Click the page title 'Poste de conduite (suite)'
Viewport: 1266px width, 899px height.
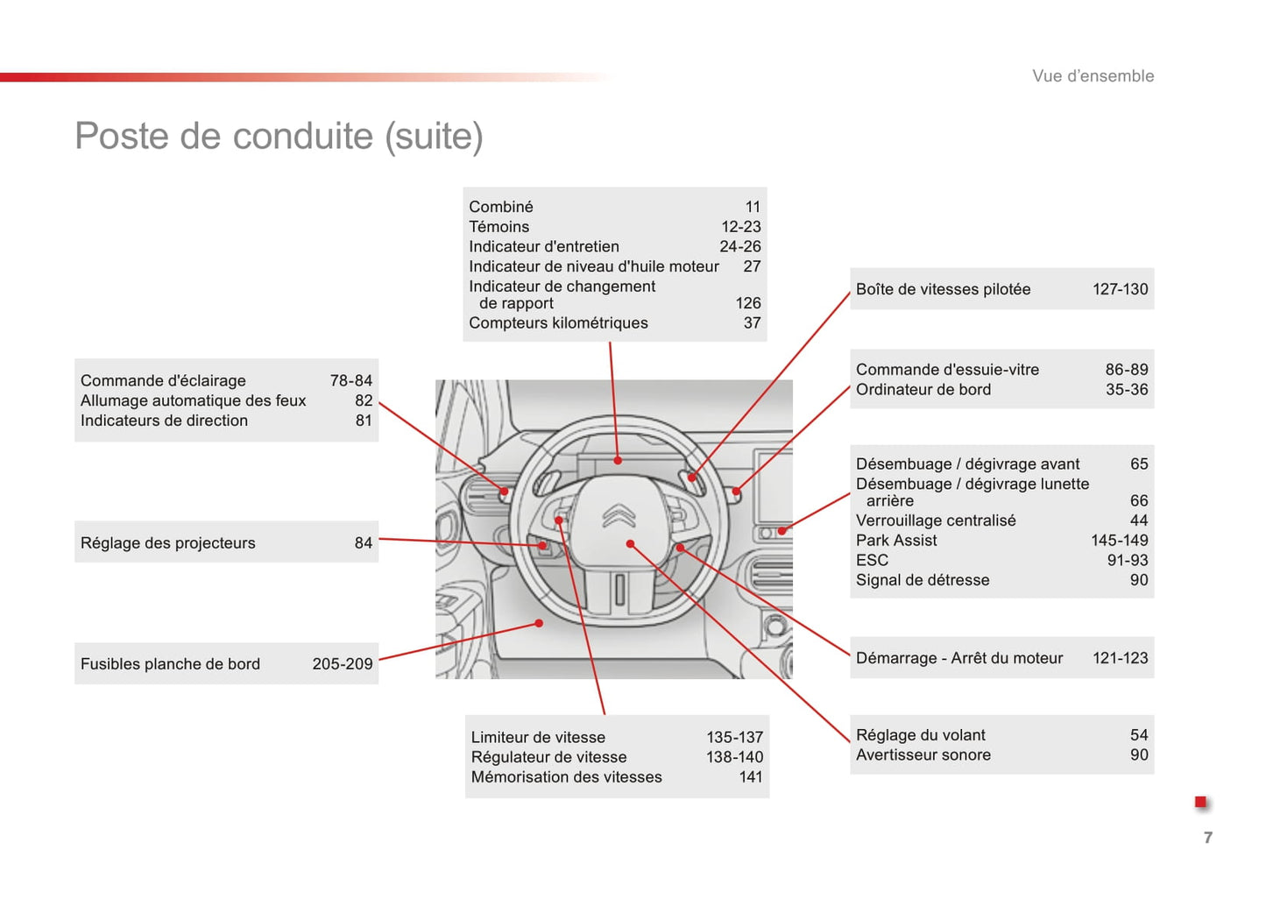279,137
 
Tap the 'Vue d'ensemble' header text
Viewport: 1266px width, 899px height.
1093,75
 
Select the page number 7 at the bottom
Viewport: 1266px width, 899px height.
1208,837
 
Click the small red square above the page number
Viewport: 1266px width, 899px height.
1200,801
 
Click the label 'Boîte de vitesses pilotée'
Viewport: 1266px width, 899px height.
943,289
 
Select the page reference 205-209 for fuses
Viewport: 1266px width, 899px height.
343,663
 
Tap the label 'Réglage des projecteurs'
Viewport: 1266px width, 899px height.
168,542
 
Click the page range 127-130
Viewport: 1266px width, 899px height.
1120,289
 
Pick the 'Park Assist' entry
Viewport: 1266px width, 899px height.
895,540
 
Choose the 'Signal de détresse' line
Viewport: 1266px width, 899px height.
923,579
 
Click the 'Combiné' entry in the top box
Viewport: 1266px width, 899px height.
501,207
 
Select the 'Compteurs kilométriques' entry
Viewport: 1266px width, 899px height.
558,322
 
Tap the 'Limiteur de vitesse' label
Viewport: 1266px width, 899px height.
538,737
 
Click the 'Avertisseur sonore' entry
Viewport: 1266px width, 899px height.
923,754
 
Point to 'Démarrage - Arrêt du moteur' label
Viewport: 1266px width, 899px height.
959,657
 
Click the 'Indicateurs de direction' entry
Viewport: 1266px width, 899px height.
164,420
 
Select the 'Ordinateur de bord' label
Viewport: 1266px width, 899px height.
923,389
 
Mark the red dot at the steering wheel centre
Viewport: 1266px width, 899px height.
630,543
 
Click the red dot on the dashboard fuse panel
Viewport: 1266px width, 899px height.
539,623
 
